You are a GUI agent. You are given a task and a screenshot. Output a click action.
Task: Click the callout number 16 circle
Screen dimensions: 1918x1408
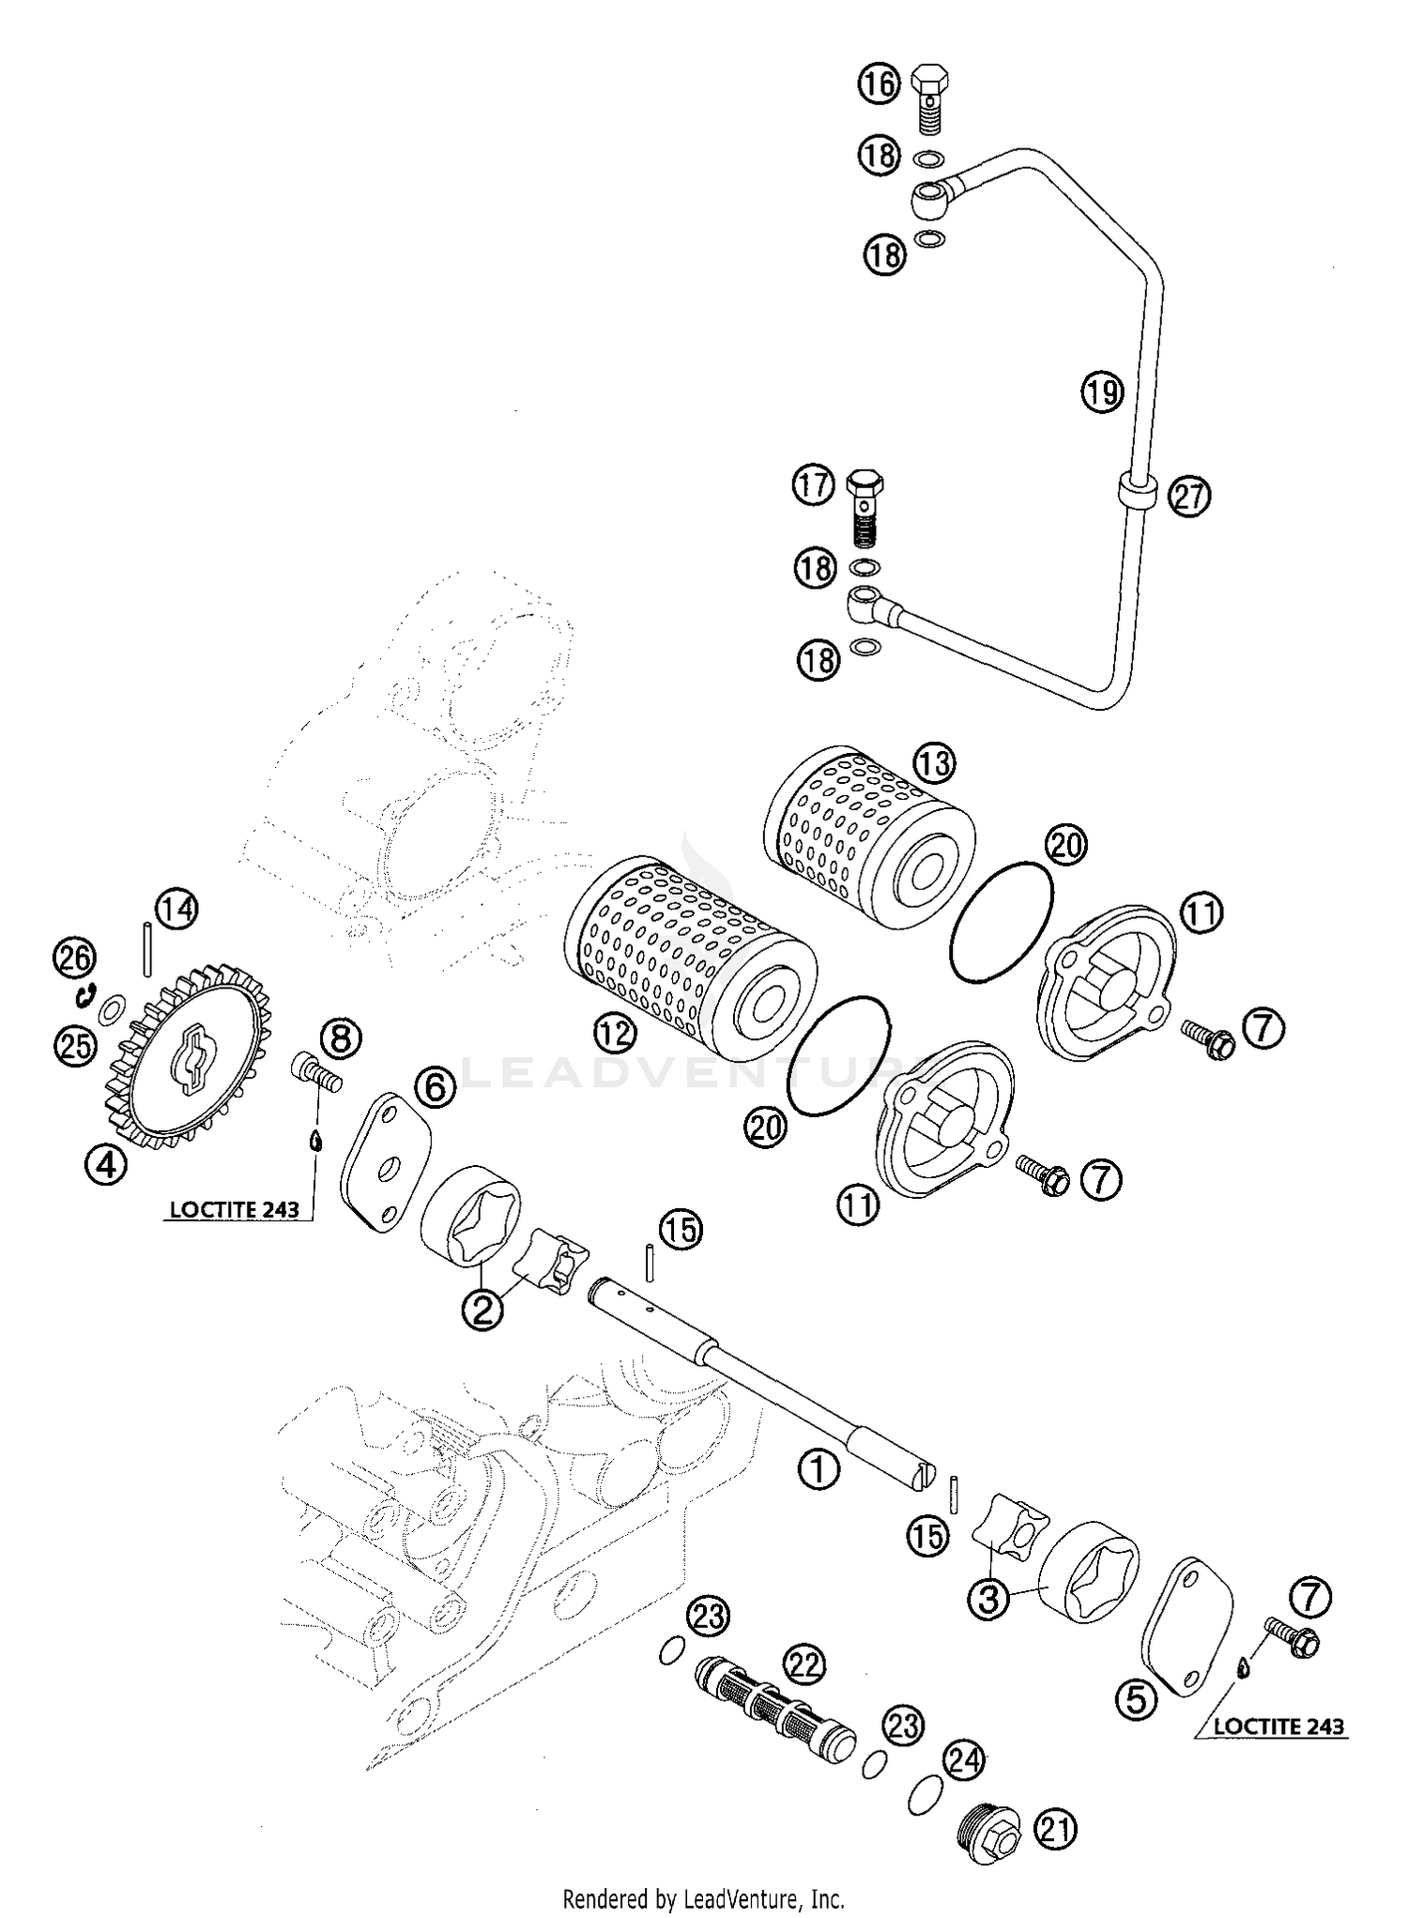pos(879,84)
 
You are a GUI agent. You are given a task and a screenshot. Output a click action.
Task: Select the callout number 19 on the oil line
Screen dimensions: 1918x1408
pos(1101,390)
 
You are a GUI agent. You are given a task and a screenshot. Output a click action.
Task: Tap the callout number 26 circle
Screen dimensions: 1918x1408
pos(75,959)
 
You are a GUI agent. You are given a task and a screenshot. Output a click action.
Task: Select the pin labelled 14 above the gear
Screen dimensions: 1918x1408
pos(147,949)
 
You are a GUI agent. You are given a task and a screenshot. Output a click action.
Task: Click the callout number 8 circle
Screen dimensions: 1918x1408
pos(340,1039)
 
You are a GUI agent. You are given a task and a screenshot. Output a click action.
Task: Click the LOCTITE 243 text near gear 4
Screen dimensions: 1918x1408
pos(234,1209)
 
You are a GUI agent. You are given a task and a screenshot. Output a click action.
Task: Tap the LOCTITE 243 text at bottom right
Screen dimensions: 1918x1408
pos(1278,1726)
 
